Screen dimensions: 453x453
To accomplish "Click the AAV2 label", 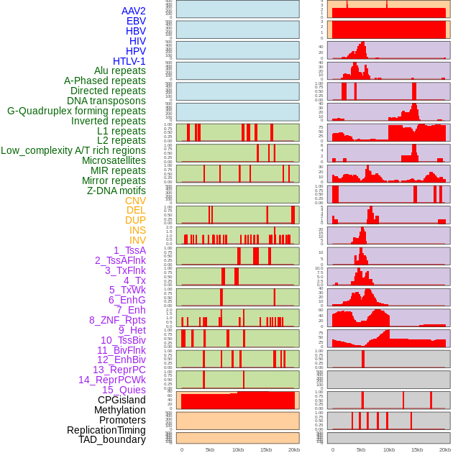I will [x=134, y=12].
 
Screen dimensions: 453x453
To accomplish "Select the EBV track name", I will [x=136, y=22].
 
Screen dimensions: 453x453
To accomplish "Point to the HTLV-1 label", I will [x=129, y=61].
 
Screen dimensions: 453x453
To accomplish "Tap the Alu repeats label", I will [x=120, y=71].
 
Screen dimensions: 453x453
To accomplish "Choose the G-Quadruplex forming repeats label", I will [x=76, y=111].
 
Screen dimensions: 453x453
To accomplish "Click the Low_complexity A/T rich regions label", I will [x=73, y=150].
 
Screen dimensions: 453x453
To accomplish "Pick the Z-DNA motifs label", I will [x=116, y=191].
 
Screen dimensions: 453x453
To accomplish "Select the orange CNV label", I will [x=135, y=201].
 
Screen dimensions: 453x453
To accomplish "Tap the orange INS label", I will [x=137, y=230].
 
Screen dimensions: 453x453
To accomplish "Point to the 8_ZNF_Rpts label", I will [x=117, y=320].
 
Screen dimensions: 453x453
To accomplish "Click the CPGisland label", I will [x=122, y=400].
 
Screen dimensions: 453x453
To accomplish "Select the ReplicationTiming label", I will [x=106, y=430].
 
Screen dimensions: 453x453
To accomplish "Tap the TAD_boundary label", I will [x=112, y=439].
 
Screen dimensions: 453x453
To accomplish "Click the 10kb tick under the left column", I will [x=238, y=449].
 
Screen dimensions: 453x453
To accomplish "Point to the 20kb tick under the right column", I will [x=445, y=449].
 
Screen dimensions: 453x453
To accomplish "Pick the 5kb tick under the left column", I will [x=210, y=449].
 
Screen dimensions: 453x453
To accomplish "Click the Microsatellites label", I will [x=114, y=160].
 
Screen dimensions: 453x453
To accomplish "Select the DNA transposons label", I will [x=106, y=101].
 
